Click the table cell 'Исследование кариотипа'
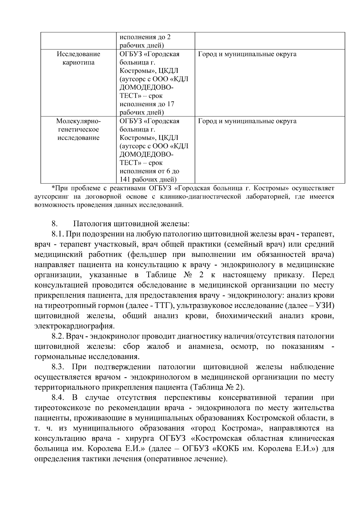[78, 58]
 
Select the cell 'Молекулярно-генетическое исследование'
[78, 129]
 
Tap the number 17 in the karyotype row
[170, 104]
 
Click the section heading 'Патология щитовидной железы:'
[131, 224]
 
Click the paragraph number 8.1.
[57, 234]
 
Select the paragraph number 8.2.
[57, 336]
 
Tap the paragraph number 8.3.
[57, 367]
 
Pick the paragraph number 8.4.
[57, 398]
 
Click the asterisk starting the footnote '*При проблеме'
[53, 188]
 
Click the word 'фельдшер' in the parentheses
[148, 255]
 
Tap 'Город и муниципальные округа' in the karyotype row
[247, 54]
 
